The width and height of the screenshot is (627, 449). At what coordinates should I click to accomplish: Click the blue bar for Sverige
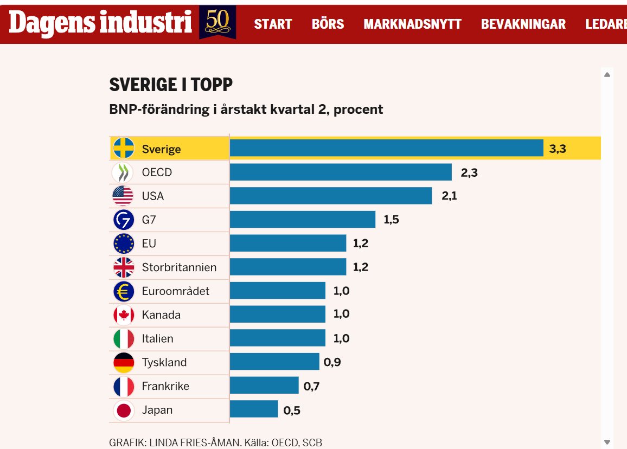point(386,148)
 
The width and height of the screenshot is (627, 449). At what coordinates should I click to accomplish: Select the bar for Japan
point(254,409)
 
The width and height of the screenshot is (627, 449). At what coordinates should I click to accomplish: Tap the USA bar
point(331,196)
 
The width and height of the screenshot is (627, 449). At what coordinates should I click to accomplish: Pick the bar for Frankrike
point(264,386)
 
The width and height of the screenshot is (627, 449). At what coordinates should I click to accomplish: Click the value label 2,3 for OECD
point(469,173)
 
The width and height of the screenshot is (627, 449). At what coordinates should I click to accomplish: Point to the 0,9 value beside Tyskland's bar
point(332,362)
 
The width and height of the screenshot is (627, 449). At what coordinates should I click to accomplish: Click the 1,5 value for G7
point(392,220)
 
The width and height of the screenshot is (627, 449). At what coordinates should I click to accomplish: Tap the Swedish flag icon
point(124,148)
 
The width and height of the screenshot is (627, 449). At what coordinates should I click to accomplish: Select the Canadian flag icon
point(124,315)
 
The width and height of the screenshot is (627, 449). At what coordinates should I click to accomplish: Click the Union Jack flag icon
point(124,267)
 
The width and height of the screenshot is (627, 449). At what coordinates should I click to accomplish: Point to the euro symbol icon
point(124,291)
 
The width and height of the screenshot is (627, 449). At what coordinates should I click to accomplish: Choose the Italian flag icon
point(124,339)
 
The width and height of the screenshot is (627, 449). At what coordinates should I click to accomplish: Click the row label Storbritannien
point(179,267)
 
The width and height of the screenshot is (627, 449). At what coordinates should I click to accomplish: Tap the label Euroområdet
point(176,291)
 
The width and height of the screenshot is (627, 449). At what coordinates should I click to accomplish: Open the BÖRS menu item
point(328,24)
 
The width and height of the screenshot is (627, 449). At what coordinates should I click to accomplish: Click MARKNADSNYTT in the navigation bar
point(412,24)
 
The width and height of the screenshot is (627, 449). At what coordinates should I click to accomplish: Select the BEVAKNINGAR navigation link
point(523,24)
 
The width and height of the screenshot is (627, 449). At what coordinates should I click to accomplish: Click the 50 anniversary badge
point(217,22)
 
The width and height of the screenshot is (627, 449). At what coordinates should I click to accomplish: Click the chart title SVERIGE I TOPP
point(171,85)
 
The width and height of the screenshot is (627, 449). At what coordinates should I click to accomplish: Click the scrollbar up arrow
point(607,74)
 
